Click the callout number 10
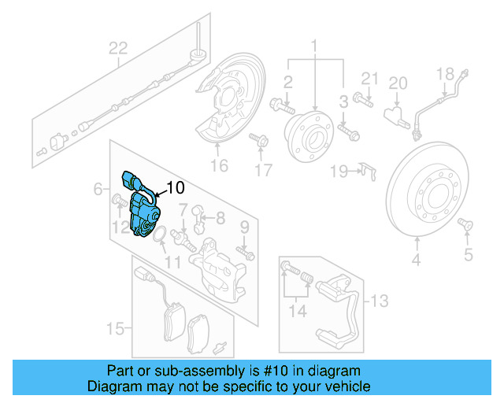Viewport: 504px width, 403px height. click(176, 188)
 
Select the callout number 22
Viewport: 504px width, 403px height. click(117, 49)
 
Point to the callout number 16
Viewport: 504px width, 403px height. click(219, 165)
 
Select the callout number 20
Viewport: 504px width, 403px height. click(398, 83)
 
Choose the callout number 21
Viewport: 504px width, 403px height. click(370, 77)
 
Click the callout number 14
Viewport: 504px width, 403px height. click(297, 310)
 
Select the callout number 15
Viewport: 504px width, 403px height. click(115, 327)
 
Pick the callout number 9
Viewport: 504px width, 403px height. click(243, 227)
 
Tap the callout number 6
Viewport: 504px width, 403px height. click(98, 189)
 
